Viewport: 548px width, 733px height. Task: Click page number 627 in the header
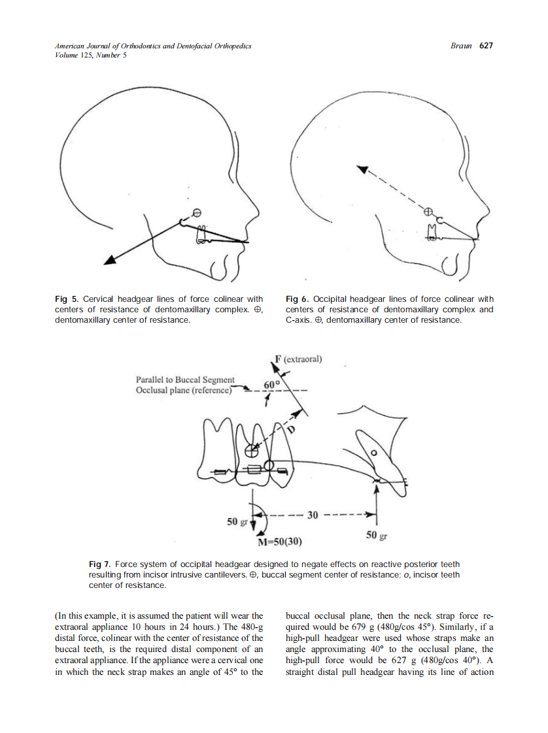point(485,46)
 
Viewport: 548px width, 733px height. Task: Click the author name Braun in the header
point(462,46)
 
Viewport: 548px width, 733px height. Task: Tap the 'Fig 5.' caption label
point(66,300)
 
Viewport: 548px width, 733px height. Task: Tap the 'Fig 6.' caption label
point(298,300)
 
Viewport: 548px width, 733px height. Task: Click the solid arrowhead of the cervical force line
point(111,260)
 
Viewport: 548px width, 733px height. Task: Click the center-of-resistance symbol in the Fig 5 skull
point(195,212)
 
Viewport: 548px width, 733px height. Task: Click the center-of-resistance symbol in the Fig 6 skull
point(428,212)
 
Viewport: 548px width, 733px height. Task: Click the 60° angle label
point(271,383)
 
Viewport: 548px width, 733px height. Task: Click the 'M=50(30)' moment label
point(280,542)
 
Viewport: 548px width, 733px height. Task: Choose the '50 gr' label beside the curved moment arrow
point(237,522)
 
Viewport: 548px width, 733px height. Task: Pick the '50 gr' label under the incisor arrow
point(377,536)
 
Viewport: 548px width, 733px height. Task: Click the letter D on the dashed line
point(292,429)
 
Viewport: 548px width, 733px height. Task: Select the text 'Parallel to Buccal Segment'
point(184,380)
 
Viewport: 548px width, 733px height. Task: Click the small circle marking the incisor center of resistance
point(374,452)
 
